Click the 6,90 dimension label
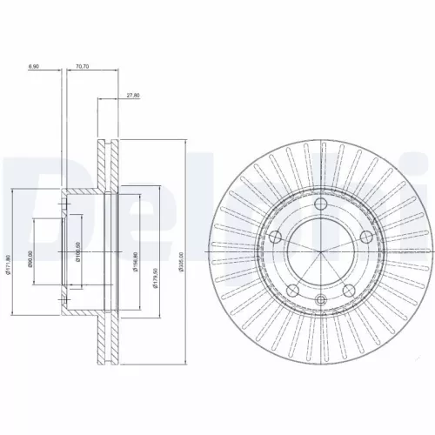(34, 65)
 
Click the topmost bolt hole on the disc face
(319, 204)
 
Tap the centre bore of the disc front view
(320, 253)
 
